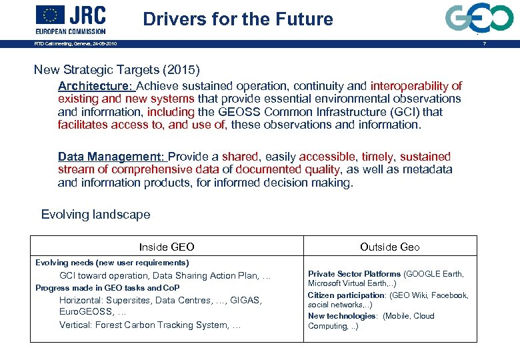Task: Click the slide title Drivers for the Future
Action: (238, 19)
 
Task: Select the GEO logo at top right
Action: (479, 18)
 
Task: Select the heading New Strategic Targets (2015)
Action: (117, 69)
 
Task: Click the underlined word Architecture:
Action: (96, 86)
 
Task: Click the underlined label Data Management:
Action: (111, 157)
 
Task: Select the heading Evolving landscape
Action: (95, 215)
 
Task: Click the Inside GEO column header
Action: (167, 247)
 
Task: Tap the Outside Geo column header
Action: (390, 247)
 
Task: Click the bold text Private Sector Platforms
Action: (354, 274)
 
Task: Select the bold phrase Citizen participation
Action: (346, 295)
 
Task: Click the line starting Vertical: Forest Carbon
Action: (149, 325)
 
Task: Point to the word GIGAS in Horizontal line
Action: (246, 300)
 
